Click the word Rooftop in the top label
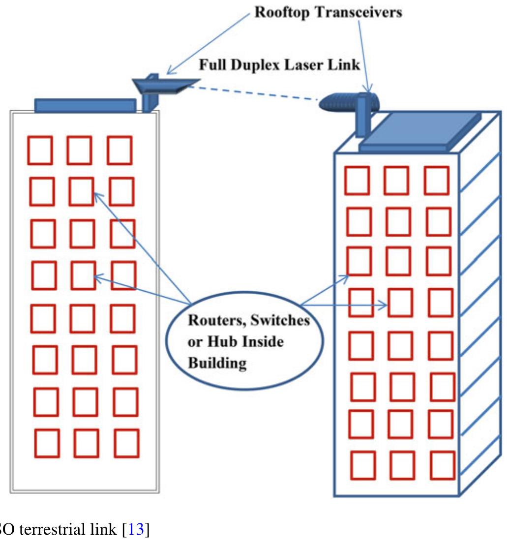282,13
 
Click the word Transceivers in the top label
358,13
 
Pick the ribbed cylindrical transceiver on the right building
347,103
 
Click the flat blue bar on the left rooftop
85,105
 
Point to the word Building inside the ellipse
217,363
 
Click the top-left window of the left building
40,151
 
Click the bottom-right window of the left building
127,443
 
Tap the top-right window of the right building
437,181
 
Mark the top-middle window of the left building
79,151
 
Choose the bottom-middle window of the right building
402,465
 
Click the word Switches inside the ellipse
280,320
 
